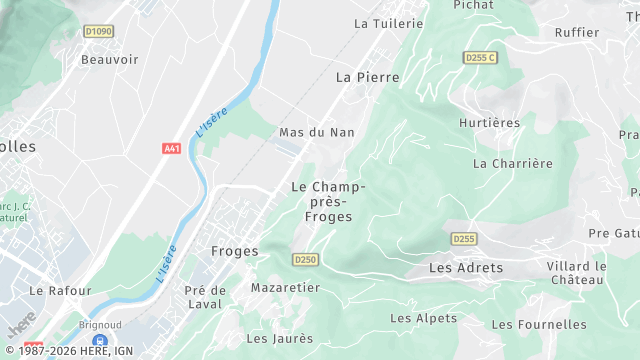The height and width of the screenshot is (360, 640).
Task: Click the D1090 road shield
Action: pos(99,32)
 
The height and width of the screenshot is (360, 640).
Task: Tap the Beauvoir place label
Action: pos(109,60)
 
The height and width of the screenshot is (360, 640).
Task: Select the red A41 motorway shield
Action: pos(171,149)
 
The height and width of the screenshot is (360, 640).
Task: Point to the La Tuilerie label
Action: pos(389,23)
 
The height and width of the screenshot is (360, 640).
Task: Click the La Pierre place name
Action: pos(360,77)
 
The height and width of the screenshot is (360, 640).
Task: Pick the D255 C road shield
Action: pos(480,58)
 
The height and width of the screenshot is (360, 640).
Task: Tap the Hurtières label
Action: pos(489,123)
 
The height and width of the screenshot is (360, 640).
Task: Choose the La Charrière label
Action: pos(512,163)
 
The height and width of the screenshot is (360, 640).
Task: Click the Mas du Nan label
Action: pos(317,132)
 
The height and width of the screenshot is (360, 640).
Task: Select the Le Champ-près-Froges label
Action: pos(328,202)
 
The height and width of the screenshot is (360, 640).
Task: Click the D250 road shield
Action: pos(305,260)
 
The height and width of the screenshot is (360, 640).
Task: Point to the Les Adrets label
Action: pos(466,269)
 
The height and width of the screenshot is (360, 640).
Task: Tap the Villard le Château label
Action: pos(577,273)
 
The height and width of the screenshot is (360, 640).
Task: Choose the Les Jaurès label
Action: pos(279,339)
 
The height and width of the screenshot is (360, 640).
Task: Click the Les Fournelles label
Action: pos(539,324)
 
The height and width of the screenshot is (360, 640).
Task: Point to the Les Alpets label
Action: pos(423,319)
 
